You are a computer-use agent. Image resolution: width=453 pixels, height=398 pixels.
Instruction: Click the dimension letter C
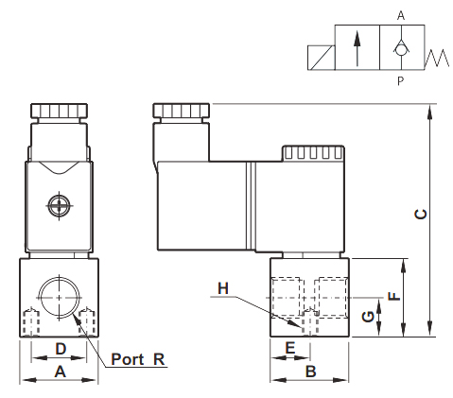pos(420,215)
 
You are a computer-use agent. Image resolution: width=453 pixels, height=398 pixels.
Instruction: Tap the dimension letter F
pos(393,297)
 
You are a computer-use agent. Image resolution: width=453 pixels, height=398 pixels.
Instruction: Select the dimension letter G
pos(368,317)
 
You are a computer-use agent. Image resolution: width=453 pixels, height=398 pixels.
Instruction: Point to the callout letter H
pos(223,288)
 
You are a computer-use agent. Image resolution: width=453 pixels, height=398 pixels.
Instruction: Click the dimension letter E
pos(289,348)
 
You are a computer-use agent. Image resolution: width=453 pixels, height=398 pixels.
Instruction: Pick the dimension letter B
pos(311,372)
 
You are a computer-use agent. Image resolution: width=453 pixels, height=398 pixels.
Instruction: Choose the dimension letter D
pos(61,349)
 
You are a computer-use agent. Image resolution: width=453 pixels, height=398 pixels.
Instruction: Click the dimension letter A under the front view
pos(60,372)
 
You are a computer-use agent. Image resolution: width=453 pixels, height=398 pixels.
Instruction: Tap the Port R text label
pos(138,359)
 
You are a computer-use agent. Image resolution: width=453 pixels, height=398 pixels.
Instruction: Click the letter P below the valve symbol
pos(400,81)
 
